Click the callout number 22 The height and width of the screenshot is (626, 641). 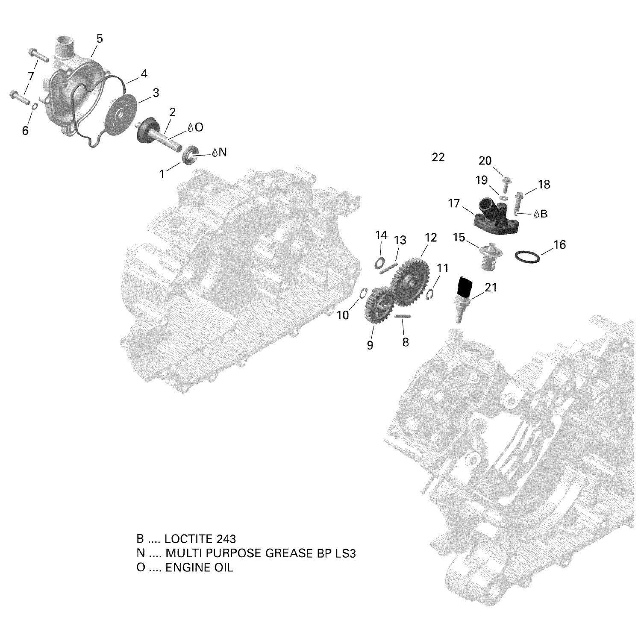(438, 157)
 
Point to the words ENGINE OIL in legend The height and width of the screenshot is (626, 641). (199, 567)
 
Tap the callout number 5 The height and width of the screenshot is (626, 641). (100, 39)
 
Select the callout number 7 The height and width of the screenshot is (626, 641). (31, 76)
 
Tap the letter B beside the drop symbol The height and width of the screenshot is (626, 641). (544, 214)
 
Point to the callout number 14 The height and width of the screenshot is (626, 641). (381, 235)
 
